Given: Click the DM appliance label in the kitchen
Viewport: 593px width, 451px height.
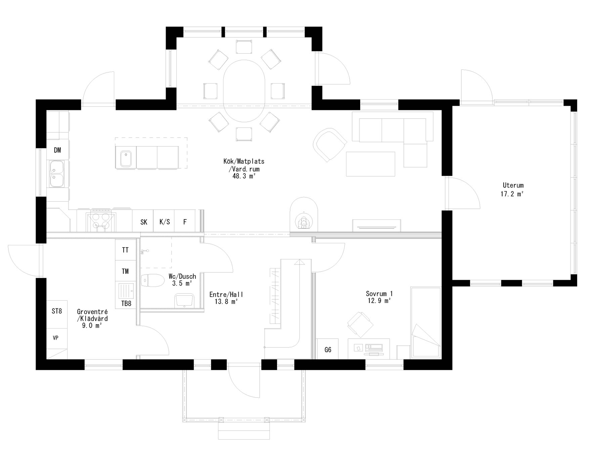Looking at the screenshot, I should [57, 150].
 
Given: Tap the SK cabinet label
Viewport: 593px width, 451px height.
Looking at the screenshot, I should [144, 222].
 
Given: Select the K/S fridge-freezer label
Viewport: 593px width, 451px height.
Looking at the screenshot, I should [164, 222].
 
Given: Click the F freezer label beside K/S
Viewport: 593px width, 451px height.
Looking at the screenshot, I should [185, 222].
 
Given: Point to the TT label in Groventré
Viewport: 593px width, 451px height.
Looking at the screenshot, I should [125, 250].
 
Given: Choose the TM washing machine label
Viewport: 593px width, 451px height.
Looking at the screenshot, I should [125, 271].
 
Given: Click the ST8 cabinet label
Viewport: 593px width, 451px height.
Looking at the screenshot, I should [57, 311].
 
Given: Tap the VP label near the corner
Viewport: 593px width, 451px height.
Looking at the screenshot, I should [56, 338].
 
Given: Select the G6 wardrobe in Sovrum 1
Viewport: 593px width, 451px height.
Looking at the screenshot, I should [328, 350].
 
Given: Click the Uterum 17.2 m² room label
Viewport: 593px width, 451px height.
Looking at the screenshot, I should [513, 189].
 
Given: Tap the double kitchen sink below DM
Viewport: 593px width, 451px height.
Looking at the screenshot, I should [57, 174].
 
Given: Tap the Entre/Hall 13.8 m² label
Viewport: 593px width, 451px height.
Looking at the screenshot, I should [226, 298].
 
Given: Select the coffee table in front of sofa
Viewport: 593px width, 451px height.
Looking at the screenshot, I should [371, 164].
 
